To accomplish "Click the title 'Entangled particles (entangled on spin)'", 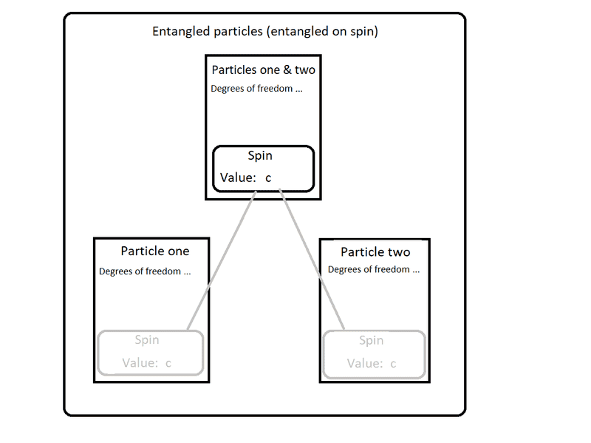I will [x=264, y=32].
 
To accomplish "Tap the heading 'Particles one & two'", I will [x=263, y=70].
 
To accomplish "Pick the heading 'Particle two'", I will [x=375, y=252].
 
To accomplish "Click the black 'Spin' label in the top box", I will [x=261, y=156].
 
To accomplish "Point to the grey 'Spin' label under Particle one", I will [x=146, y=340].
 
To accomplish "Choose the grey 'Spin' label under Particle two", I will [x=371, y=340].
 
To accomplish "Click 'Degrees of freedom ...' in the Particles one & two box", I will [x=256, y=89].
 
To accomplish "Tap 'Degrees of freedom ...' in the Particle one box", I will [x=145, y=271].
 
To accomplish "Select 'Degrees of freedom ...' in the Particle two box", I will [x=374, y=269].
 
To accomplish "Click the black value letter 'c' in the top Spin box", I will [x=269, y=178].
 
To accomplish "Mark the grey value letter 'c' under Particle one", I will [x=168, y=363].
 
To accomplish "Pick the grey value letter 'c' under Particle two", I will [x=393, y=364].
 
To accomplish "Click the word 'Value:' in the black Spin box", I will [x=238, y=178].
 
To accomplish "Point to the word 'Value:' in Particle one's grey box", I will [x=140, y=363].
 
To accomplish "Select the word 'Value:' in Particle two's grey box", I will [x=365, y=363].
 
